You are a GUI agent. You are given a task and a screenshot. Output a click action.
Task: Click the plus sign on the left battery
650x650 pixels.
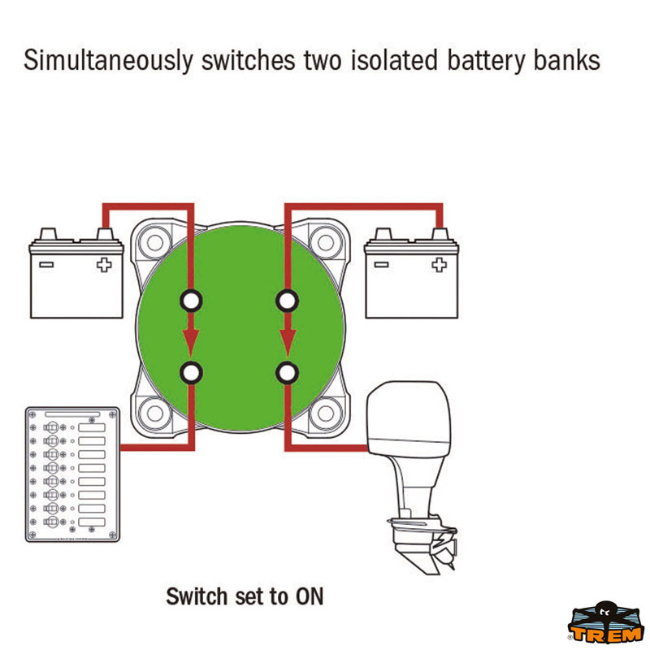click(104, 265)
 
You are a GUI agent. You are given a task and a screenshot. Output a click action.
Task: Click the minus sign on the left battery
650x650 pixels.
click(46, 265)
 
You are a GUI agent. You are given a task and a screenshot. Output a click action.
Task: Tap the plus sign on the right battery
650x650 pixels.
click(439, 265)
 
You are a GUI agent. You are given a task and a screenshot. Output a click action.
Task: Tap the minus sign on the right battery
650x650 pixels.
click(381, 265)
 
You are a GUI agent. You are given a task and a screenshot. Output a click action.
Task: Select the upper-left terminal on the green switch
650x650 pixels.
click(191, 301)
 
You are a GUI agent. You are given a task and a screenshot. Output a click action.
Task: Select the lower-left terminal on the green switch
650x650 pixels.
click(191, 373)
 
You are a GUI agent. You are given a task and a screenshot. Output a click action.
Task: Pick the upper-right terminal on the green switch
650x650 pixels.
click(287, 301)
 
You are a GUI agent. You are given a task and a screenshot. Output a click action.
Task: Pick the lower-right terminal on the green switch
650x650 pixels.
click(287, 373)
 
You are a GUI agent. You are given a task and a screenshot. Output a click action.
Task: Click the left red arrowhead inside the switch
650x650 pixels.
click(191, 342)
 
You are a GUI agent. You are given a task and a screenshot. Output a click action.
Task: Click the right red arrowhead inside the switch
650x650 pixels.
click(287, 342)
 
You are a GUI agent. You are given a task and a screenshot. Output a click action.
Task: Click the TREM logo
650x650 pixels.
click(605, 623)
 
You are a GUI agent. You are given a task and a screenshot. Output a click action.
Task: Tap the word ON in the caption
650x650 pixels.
click(310, 597)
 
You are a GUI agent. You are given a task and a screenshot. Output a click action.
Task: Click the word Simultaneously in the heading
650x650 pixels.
click(108, 60)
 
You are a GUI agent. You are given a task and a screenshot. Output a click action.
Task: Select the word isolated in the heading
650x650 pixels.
click(394, 59)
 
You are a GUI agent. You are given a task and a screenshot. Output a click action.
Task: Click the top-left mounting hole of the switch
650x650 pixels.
click(154, 242)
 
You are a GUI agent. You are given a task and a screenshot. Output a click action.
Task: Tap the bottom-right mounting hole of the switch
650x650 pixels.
click(326, 414)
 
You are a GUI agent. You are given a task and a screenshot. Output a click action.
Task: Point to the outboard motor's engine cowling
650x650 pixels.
click(409, 414)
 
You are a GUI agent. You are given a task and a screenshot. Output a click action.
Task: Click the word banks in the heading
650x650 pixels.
click(566, 59)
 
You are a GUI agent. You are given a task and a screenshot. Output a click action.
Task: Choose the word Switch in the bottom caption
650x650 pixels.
click(197, 597)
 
